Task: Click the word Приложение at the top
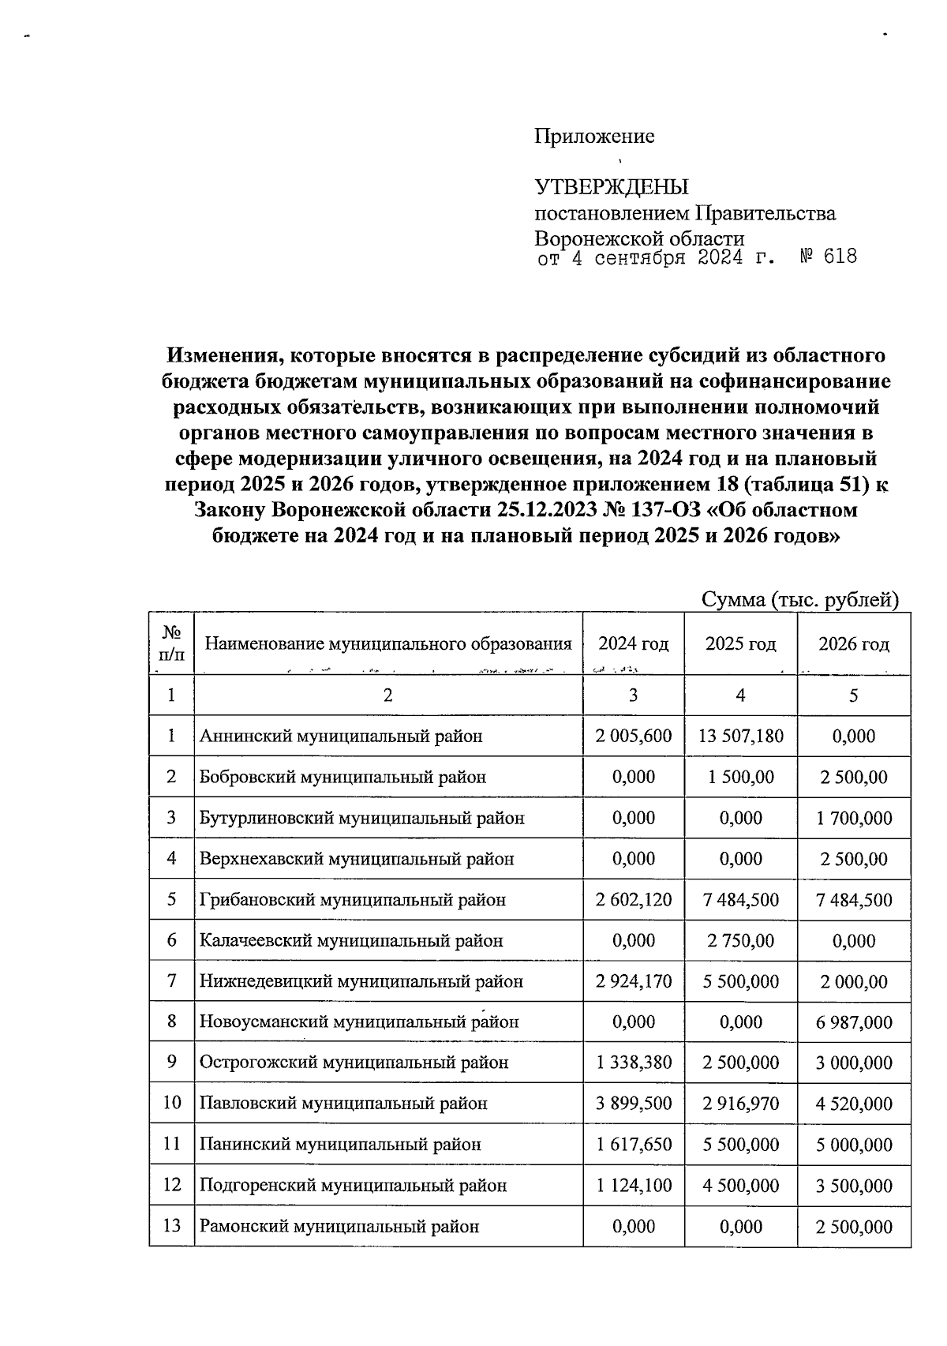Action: tap(594, 137)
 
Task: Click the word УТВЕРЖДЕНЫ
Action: tap(612, 188)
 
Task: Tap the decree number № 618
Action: tap(828, 257)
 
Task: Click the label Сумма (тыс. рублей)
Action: tap(800, 600)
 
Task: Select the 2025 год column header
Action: tap(740, 644)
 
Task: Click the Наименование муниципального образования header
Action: tap(388, 644)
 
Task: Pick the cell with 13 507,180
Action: tap(740, 737)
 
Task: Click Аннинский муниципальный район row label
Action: tap(341, 737)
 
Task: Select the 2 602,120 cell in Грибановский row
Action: tap(634, 900)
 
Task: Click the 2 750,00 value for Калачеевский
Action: tap(740, 941)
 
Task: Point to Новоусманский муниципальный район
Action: tap(359, 1022)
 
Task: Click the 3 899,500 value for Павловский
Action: tap(634, 1104)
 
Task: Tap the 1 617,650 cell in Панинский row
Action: tap(634, 1145)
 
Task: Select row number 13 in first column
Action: tap(172, 1226)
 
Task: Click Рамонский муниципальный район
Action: tap(339, 1227)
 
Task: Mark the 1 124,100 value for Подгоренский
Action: tap(634, 1186)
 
